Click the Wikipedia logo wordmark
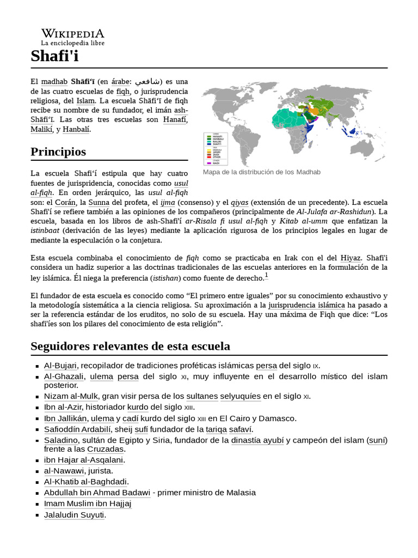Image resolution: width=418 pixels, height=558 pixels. click(72, 34)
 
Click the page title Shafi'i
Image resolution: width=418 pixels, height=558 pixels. click(54, 56)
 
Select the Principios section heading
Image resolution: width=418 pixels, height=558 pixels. click(58, 151)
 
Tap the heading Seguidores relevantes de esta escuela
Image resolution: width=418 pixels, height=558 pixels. click(130, 346)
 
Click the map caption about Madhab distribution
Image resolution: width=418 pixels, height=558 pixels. click(261, 172)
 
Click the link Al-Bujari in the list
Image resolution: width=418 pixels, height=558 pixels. click(60, 366)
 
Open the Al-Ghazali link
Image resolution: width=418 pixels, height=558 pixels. click(64, 377)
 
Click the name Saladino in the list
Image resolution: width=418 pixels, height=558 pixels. click(61, 440)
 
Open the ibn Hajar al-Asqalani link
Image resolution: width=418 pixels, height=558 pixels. click(84, 460)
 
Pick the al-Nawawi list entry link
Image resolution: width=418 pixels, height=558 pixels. click(64, 471)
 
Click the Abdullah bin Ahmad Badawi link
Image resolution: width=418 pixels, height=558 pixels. click(97, 493)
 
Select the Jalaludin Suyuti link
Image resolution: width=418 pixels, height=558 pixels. click(75, 514)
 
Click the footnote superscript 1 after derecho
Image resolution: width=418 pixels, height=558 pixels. click(267, 276)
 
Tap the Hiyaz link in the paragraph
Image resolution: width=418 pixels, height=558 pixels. click(351, 258)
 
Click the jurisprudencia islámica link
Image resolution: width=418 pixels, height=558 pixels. click(314, 306)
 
